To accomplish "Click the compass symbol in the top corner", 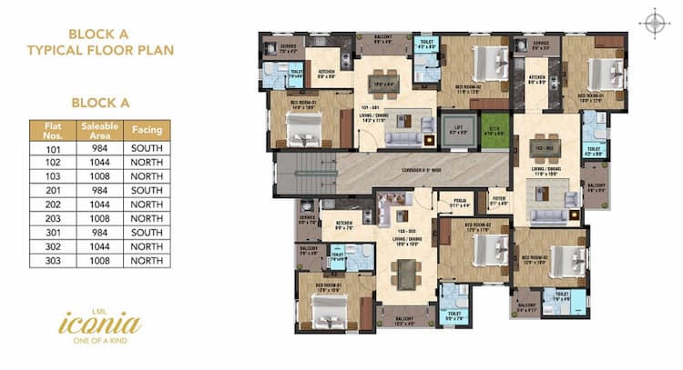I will pyautogui.click(x=653, y=23).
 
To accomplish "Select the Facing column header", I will pyautogui.click(x=147, y=128).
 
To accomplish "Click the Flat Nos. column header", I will pyautogui.click(x=52, y=128).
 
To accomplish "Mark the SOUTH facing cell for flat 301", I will pyautogui.click(x=147, y=233).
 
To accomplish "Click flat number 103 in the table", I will pyautogui.click(x=52, y=176).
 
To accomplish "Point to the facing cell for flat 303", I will pyautogui.click(x=147, y=260).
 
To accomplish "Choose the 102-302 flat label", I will pyautogui.click(x=545, y=147).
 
